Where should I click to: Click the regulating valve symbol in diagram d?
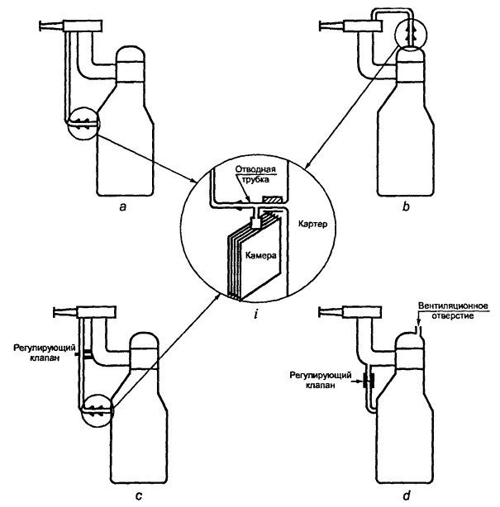tap(367, 381)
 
